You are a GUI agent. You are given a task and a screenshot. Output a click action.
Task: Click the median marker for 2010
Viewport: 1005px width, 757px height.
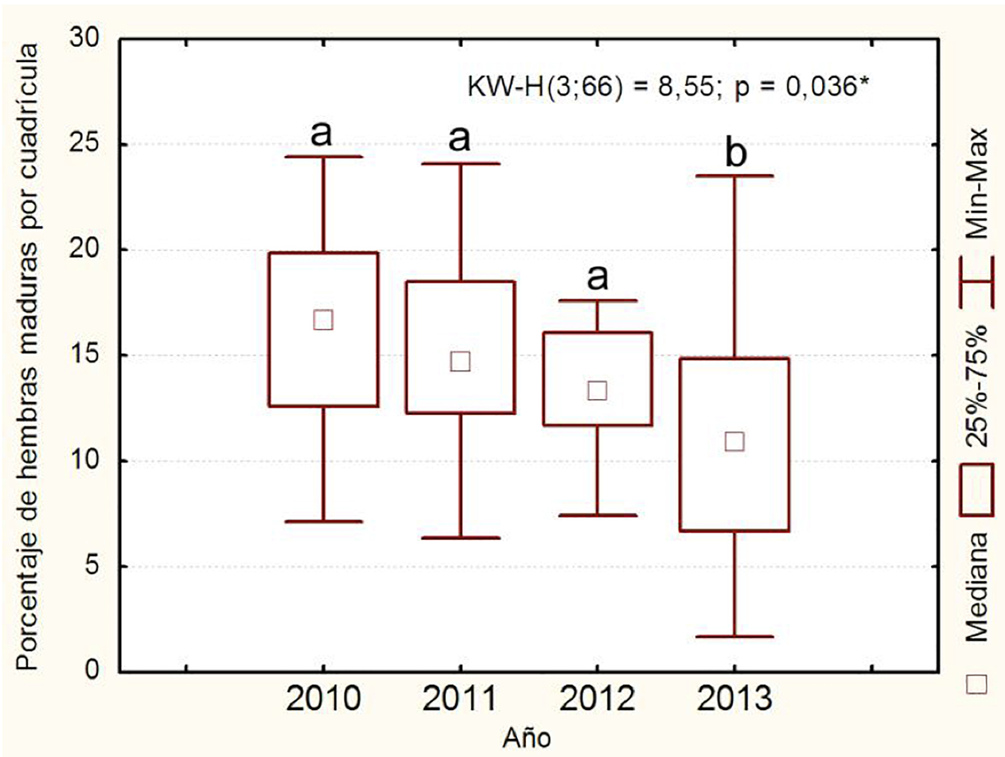(x=323, y=320)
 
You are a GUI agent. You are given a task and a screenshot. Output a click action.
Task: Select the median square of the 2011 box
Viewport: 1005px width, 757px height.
(x=460, y=361)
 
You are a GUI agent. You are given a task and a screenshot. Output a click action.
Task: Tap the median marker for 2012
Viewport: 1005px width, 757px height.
(x=597, y=390)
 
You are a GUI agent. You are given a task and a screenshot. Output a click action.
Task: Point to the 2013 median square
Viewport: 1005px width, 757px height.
(x=734, y=441)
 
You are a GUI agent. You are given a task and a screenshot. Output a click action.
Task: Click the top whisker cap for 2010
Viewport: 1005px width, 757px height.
(x=323, y=156)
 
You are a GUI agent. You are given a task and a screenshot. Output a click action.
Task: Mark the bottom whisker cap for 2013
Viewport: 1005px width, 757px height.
(x=734, y=636)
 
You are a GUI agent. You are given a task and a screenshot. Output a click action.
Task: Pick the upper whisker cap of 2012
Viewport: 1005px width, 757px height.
(x=597, y=300)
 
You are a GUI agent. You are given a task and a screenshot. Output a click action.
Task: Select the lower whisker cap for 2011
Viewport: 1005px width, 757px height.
(x=460, y=537)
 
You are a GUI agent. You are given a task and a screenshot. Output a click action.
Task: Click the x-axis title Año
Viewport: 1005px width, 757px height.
(x=526, y=738)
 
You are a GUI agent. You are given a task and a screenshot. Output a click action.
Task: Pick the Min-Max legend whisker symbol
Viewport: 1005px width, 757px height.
(x=977, y=282)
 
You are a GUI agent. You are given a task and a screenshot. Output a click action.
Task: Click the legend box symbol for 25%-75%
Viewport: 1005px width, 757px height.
(x=977, y=490)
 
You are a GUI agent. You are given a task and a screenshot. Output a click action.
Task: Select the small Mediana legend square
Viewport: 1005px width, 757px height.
(x=977, y=684)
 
